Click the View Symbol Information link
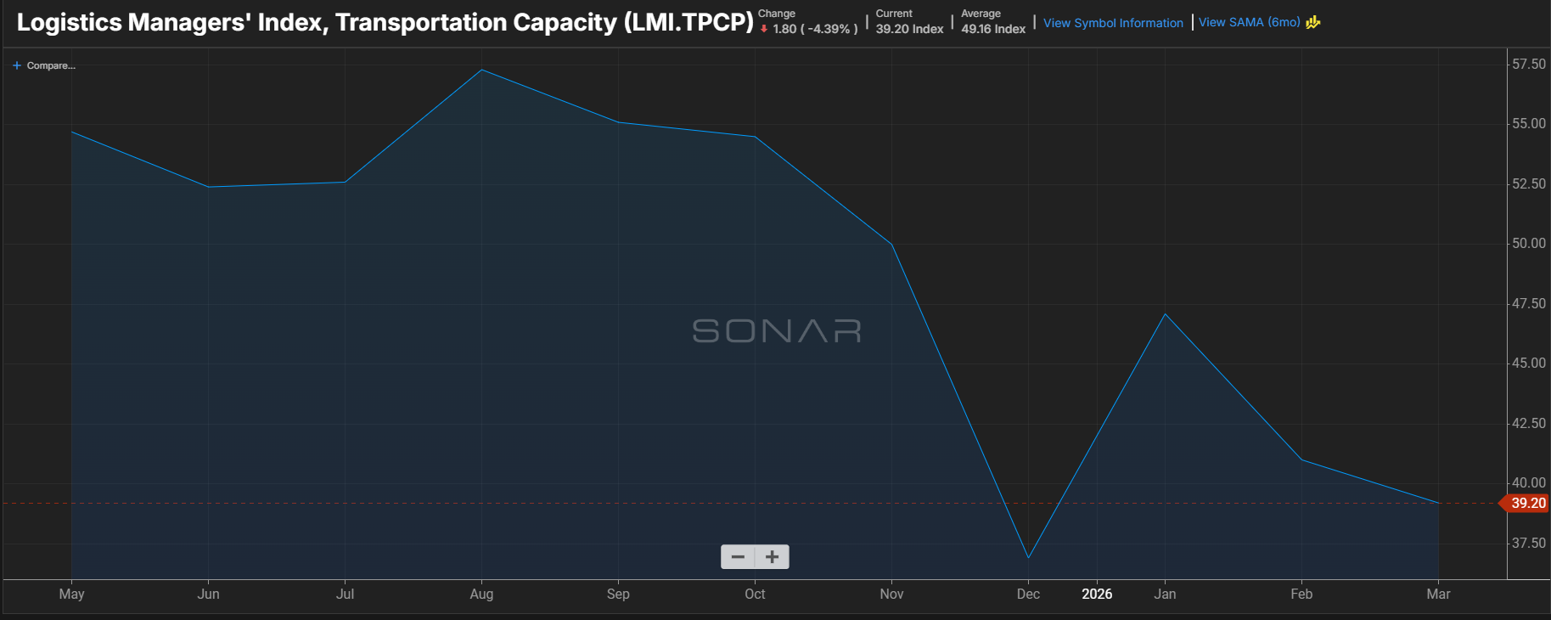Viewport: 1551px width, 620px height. click(x=1113, y=23)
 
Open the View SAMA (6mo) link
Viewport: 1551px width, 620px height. click(x=1249, y=22)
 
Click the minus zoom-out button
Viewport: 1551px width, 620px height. click(x=738, y=557)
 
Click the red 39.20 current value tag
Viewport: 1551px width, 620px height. click(x=1527, y=504)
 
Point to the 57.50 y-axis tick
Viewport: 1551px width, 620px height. click(x=1528, y=65)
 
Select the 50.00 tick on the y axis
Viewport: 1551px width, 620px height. click(x=1528, y=244)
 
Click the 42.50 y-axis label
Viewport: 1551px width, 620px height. click(x=1528, y=423)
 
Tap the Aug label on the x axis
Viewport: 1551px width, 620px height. click(x=481, y=594)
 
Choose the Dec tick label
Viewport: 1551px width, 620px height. click(x=1028, y=594)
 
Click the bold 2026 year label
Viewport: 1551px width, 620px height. click(x=1097, y=594)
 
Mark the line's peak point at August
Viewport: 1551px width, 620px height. click(x=481, y=70)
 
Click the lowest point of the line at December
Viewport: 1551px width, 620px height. click(x=1028, y=558)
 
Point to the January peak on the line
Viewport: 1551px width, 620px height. click(x=1165, y=314)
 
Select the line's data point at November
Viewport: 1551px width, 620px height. click(x=891, y=245)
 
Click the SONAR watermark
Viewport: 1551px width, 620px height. click(x=777, y=330)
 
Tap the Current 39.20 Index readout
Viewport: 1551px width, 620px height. click(x=909, y=23)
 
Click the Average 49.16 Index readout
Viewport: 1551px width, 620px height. click(x=993, y=23)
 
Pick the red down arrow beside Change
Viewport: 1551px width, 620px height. click(x=764, y=29)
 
